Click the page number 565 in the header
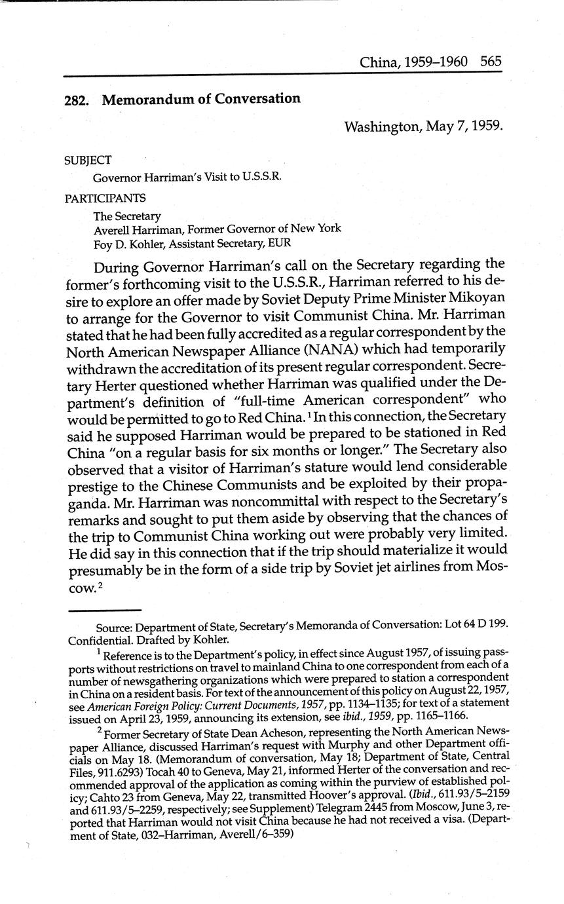490,62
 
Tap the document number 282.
77,101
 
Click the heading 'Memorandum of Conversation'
201,100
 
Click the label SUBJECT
88,160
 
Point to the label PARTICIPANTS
105,198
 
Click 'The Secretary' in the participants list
127,216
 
